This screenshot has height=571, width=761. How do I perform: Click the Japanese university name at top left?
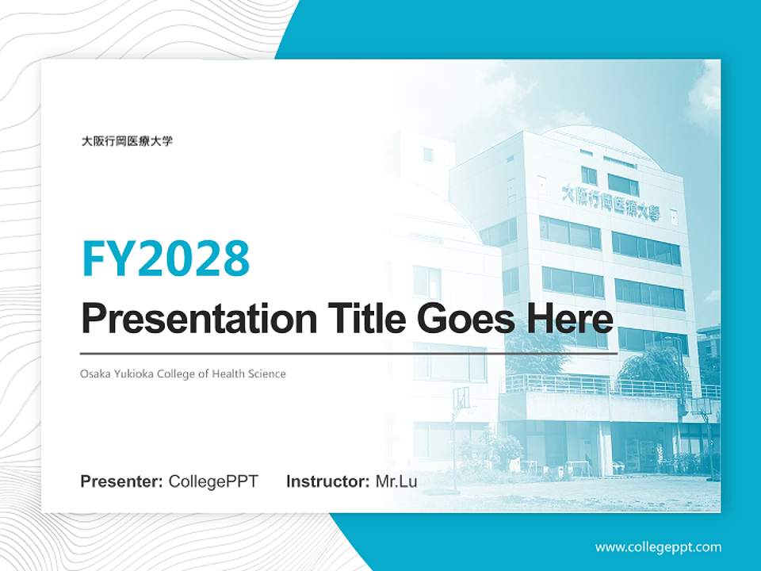tap(127, 142)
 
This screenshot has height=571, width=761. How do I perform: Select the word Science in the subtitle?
tap(268, 374)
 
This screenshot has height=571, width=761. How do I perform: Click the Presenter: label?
tap(122, 481)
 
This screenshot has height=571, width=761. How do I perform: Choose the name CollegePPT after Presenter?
tap(213, 481)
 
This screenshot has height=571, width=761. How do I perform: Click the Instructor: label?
tap(327, 481)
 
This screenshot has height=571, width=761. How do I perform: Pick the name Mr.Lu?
tap(396, 481)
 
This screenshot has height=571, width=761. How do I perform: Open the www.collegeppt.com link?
tap(658, 547)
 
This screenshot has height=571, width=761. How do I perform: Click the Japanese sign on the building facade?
tap(610, 203)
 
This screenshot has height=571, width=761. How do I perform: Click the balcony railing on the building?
tap(602, 386)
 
